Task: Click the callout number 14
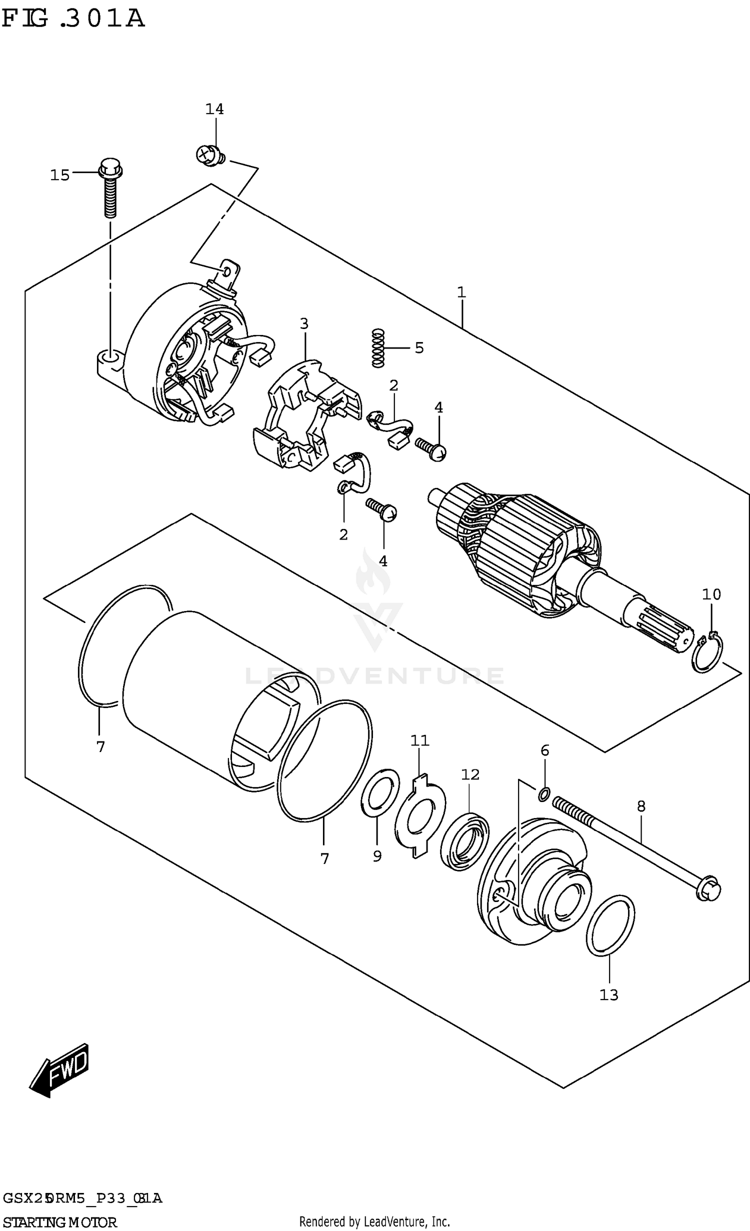point(214,109)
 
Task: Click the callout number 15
point(59,175)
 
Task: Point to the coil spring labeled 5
point(379,348)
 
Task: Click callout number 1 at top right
point(461,292)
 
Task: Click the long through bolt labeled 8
point(635,844)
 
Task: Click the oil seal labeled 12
point(465,841)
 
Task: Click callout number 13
point(609,995)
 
